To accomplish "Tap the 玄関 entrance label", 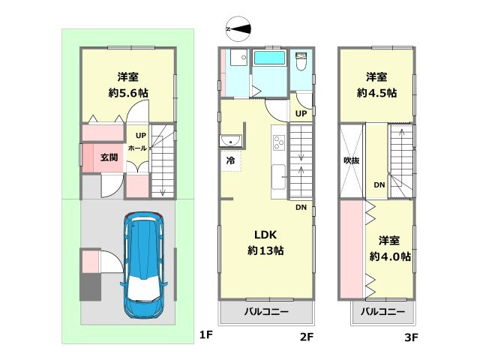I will point(110,157).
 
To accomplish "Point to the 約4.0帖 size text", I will point(389,256).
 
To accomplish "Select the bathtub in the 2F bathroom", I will point(269,58).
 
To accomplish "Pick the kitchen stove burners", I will point(278,141).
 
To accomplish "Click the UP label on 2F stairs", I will point(301,114).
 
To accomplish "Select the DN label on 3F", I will point(379,185).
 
